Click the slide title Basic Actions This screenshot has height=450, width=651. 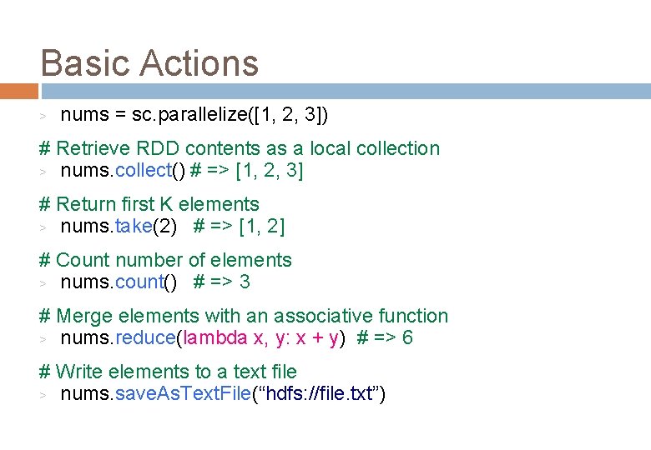pyautogui.click(x=149, y=63)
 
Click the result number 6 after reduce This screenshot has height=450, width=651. pyautogui.click(x=406, y=337)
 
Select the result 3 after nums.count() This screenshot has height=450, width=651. pyautogui.click(x=244, y=282)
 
